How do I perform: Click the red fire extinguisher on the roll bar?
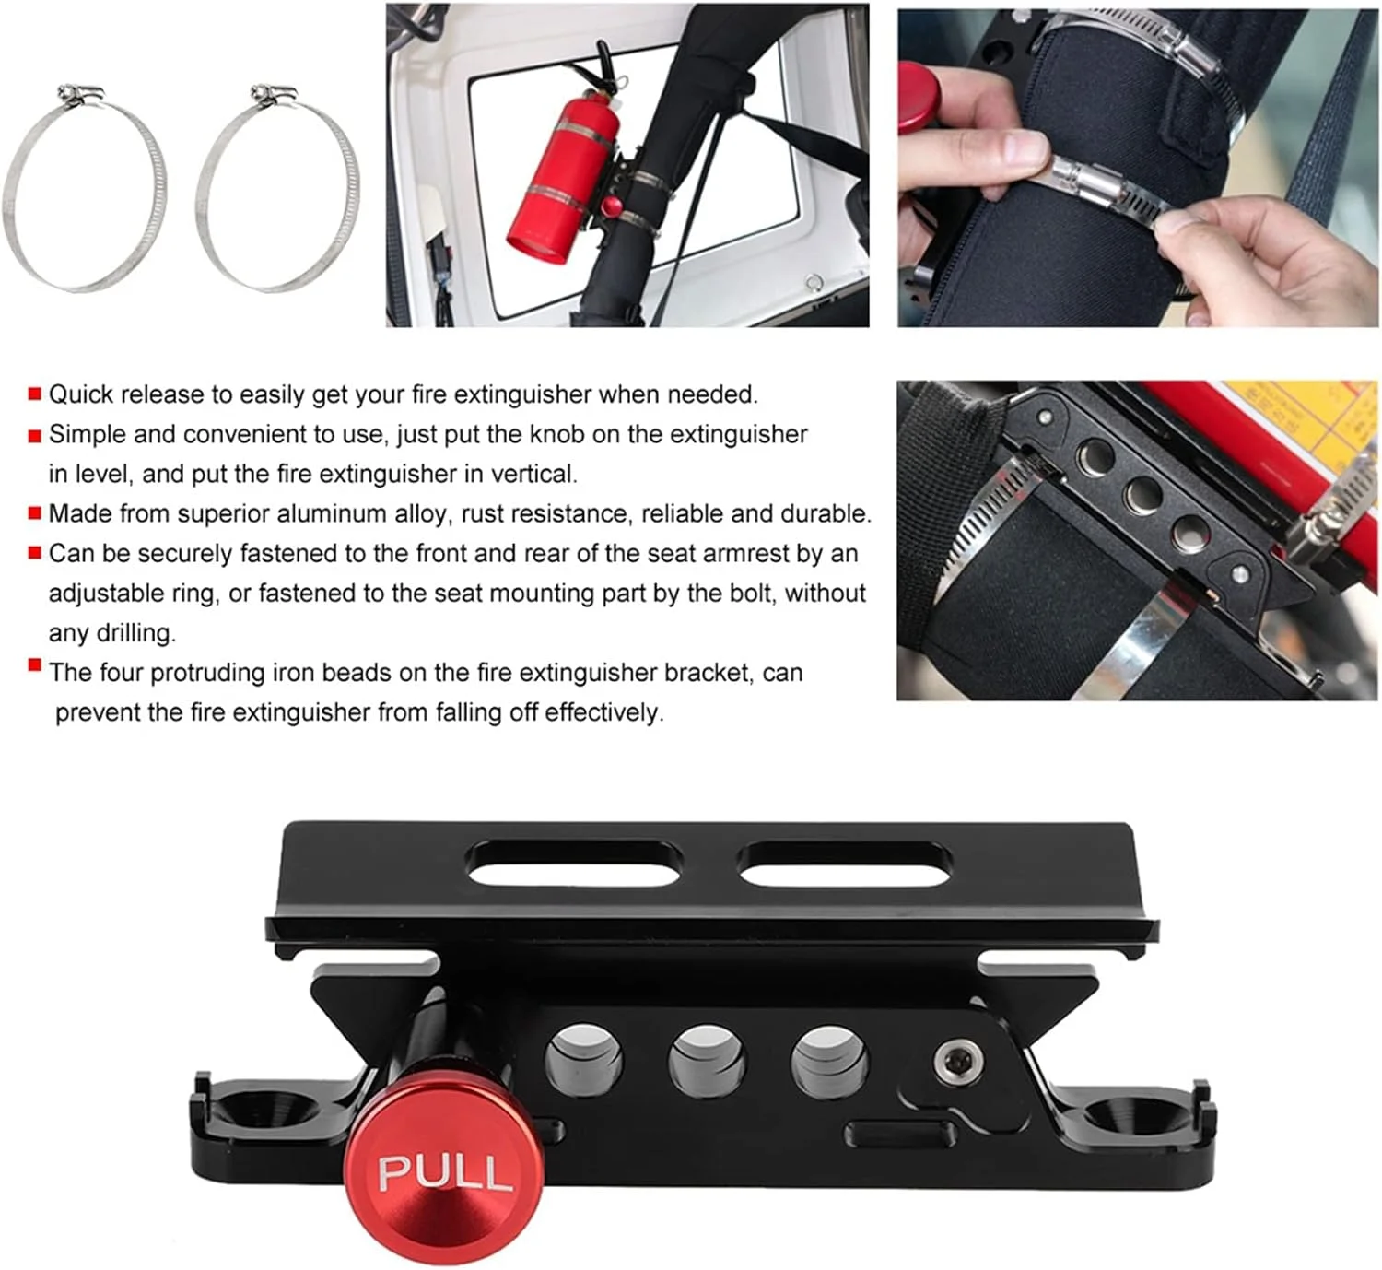click(564, 181)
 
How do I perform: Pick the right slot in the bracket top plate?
click(845, 864)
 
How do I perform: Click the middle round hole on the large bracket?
click(706, 1063)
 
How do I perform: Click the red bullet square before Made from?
click(34, 513)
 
